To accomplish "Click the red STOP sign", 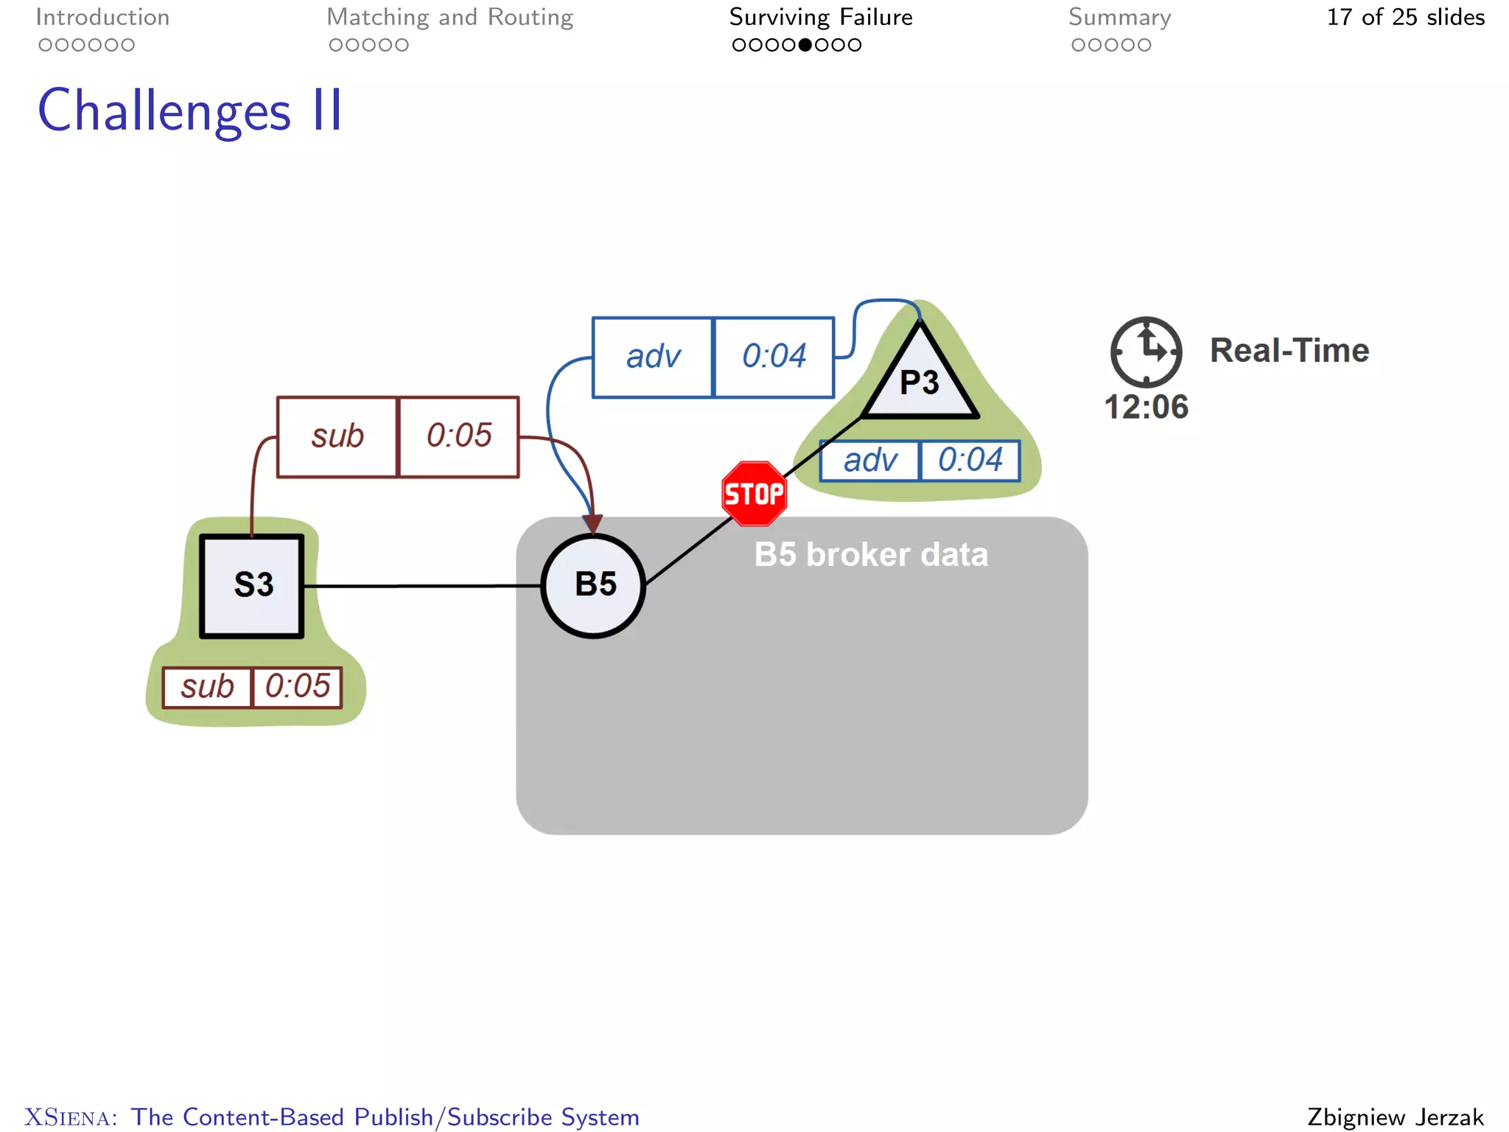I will click(754, 494).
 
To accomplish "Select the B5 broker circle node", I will click(594, 585).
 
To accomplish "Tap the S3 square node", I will click(252, 585).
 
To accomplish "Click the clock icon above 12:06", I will click(1146, 352).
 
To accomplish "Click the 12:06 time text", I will click(1146, 407).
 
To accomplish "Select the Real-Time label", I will click(1289, 351).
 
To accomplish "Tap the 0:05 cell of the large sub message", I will click(458, 436).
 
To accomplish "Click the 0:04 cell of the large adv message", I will click(774, 357).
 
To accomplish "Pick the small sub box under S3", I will click(207, 687).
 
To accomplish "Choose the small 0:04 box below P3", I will click(970, 461).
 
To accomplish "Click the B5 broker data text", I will click(871, 555).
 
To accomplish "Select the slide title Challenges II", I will click(190, 111).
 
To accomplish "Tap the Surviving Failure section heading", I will click(820, 17).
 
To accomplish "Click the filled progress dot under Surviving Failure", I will click(805, 45).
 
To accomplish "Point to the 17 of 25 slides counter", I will click(1405, 17).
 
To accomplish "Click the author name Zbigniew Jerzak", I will click(1395, 1117).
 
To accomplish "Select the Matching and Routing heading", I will click(449, 17).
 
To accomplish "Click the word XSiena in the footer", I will click(71, 1117).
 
